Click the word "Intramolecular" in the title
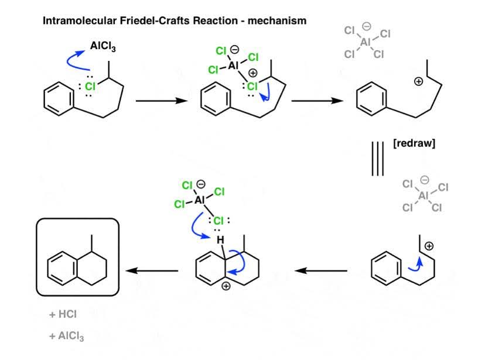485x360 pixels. pyautogui.click(x=79, y=20)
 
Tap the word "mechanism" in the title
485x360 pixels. pyautogui.click(x=277, y=20)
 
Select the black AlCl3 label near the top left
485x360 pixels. pyautogui.click(x=103, y=46)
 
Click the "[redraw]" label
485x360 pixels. pyautogui.click(x=414, y=143)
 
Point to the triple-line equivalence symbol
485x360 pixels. pyautogui.click(x=378, y=159)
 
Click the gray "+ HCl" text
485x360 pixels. pyautogui.click(x=63, y=314)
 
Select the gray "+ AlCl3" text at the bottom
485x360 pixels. pyautogui.click(x=67, y=336)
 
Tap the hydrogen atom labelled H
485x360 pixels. pyautogui.click(x=220, y=240)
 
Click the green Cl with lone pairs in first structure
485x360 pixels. pyautogui.click(x=90, y=86)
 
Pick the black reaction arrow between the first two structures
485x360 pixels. pyautogui.click(x=162, y=101)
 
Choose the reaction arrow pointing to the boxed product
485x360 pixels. pyautogui.click(x=152, y=271)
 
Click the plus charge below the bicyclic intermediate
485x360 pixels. pyautogui.click(x=226, y=286)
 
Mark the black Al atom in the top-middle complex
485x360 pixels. pyautogui.click(x=233, y=66)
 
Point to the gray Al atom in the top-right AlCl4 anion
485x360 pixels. pyautogui.click(x=366, y=42)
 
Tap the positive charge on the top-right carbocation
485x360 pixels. pyautogui.click(x=418, y=81)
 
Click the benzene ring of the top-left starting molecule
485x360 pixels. pyautogui.click(x=59, y=99)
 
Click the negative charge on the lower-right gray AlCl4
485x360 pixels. pyautogui.click(x=425, y=180)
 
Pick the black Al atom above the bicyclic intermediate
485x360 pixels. pyautogui.click(x=200, y=200)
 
